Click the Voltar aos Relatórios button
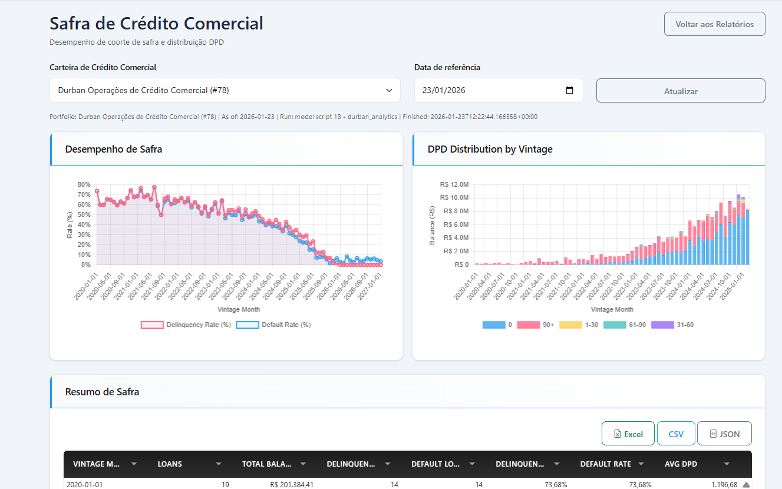(x=715, y=24)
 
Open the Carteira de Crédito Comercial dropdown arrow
(x=389, y=90)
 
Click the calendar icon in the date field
(x=569, y=90)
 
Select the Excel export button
(x=628, y=434)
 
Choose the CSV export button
(x=676, y=434)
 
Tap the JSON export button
(x=724, y=434)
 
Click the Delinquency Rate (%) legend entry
(x=186, y=325)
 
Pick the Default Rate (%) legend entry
(x=273, y=325)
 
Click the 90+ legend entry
(x=536, y=325)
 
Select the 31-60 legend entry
(x=672, y=325)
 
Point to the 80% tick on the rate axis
(x=84, y=184)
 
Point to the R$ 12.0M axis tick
(x=454, y=184)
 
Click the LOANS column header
(x=170, y=464)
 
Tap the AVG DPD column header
(x=681, y=464)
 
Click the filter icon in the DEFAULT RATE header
(x=641, y=464)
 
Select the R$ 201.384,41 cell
(x=292, y=484)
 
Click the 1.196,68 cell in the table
(x=724, y=484)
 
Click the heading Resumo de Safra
(x=102, y=392)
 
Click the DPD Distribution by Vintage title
(x=490, y=150)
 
